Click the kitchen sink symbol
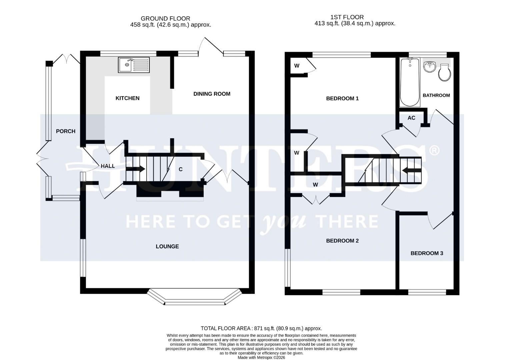coord(134,65)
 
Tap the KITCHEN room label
coord(127,98)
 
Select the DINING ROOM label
coord(212,94)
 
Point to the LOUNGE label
coord(167,246)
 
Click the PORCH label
coord(65,131)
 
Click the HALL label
coord(108,166)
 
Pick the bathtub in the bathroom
coord(410,82)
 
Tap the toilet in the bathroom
coord(444,73)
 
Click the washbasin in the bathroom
coord(430,66)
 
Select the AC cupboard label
coord(411,118)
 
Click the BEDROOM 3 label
coord(427,253)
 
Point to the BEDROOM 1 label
coord(342,98)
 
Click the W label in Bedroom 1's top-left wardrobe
coord(297,66)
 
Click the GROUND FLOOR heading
coord(165,19)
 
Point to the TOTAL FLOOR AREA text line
coord(261,328)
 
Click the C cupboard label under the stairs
coord(181,169)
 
